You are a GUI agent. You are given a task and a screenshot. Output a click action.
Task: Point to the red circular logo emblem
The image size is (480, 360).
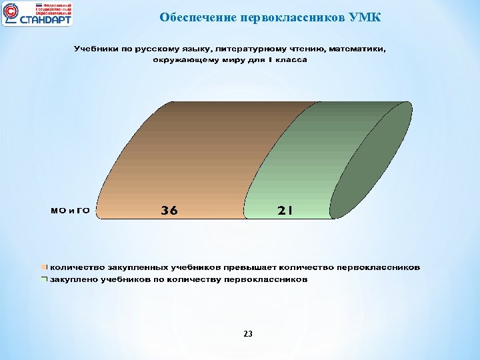[x=11, y=14]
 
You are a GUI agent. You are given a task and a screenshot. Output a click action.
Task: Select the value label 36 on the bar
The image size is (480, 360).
[x=169, y=211]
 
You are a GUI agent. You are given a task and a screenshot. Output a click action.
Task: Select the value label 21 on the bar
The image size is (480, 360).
[x=285, y=211]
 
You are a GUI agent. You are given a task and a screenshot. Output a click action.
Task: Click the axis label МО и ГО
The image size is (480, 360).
[x=71, y=211]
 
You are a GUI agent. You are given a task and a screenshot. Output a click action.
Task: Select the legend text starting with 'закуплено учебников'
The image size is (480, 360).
[x=179, y=279]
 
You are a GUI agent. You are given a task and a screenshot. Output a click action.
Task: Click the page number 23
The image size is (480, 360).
[x=248, y=333]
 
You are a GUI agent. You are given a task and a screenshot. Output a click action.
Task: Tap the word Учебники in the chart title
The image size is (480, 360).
[x=95, y=49]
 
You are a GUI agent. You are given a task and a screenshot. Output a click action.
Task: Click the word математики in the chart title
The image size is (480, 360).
[x=358, y=49]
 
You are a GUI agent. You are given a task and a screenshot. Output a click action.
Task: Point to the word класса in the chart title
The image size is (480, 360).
[x=292, y=59]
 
